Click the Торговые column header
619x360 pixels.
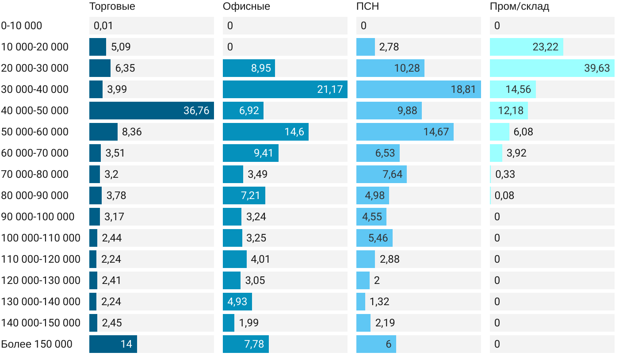112,7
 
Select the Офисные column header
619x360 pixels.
246,7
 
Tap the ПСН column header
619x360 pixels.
368,7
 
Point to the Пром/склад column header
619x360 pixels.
520,7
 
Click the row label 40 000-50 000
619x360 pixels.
35,111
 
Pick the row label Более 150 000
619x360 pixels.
37,344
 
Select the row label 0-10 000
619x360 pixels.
22,26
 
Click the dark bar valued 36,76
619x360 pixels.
152,111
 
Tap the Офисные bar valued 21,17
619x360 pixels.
285,89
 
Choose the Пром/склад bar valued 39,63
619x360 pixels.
551,68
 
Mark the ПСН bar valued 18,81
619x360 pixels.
418,89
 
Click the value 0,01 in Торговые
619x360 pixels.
103,26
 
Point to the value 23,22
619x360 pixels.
546,47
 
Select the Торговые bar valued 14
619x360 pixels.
113,344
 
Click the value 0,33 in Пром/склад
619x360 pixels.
505,174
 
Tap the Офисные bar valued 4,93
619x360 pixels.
237,302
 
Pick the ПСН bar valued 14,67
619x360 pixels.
405,132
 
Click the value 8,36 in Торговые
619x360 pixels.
132,132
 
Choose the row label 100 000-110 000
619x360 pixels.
41,238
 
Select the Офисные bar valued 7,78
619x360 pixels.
246,344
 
